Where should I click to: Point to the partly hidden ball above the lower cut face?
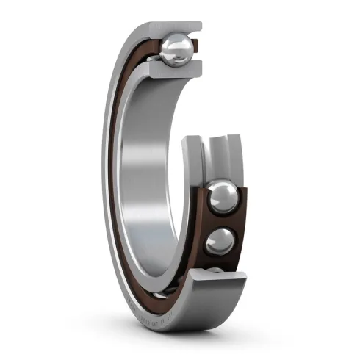(x=214, y=271)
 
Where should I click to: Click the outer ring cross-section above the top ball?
(x=176, y=27)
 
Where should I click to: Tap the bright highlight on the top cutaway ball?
(x=173, y=45)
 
